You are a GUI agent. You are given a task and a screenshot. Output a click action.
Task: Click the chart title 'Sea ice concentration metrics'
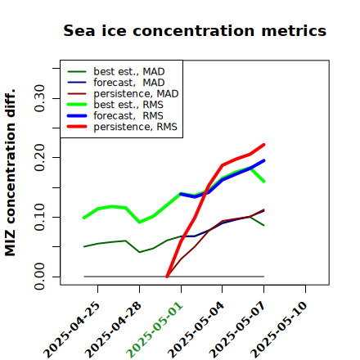[195, 30]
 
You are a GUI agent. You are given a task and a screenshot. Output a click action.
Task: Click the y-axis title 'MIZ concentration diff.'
[10, 173]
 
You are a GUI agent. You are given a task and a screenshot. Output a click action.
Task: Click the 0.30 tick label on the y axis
[39, 98]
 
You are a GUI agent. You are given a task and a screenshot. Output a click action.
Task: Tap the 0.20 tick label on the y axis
[39, 157]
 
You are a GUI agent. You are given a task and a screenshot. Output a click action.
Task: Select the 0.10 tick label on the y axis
[39, 217]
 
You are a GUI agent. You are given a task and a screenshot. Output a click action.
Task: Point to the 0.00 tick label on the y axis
[39, 277]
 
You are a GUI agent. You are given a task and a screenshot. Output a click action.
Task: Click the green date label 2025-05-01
[155, 330]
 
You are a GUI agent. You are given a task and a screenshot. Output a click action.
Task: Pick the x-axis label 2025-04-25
[72, 330]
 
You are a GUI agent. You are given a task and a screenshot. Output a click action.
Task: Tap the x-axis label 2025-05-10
[279, 330]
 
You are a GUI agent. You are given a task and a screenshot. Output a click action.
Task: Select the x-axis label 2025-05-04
[196, 330]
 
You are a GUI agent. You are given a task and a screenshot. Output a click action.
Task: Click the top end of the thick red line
[264, 145]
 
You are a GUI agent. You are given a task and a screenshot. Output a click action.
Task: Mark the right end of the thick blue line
[264, 160]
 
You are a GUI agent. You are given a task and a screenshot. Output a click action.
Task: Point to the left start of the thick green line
[84, 218]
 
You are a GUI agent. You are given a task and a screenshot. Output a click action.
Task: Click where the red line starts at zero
[167, 277]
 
